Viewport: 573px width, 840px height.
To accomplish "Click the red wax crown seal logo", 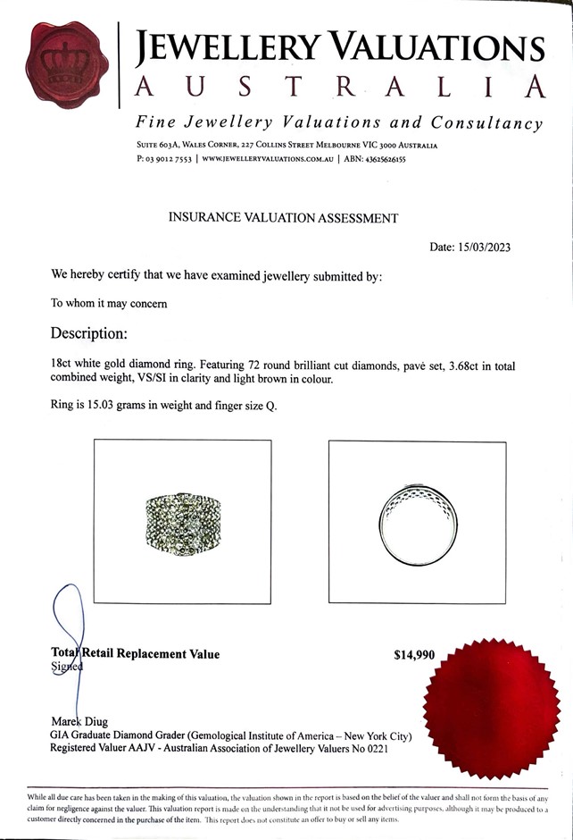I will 68,63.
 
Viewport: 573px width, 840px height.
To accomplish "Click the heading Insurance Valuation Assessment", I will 284,218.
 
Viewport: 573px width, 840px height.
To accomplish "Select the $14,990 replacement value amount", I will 414,655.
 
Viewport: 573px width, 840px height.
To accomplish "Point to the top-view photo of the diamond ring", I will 182,523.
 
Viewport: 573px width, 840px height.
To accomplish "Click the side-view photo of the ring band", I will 416,522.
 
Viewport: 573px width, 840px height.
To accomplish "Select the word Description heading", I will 89,333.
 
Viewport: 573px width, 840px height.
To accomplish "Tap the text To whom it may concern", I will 109,303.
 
